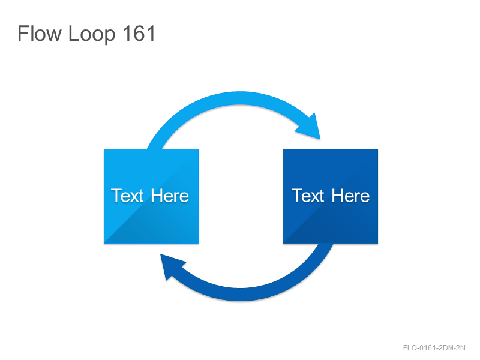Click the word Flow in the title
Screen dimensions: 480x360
point(39,33)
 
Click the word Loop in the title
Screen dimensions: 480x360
point(92,35)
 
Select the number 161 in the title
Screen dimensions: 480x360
point(139,33)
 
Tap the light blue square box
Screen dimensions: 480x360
point(151,196)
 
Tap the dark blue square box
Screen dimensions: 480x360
point(331,196)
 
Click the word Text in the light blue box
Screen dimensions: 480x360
point(127,196)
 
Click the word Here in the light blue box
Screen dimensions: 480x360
point(170,196)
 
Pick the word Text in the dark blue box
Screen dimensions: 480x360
point(308,196)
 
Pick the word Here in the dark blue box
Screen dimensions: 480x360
point(350,196)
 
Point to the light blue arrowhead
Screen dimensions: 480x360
point(310,128)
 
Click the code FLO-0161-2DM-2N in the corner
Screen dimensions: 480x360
point(434,348)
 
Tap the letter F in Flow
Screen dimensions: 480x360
point(23,33)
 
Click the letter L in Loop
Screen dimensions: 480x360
point(74,33)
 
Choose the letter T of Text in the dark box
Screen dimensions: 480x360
point(297,196)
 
